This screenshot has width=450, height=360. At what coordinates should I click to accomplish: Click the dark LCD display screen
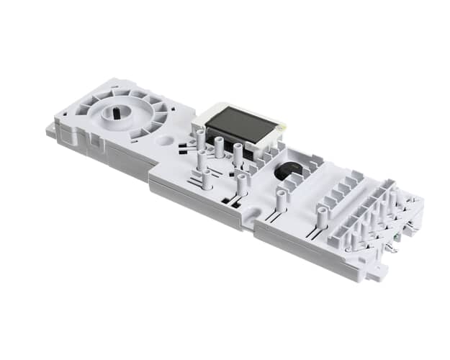pyautogui.click(x=241, y=128)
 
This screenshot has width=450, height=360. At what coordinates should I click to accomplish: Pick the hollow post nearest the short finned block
pyautogui.click(x=322, y=215)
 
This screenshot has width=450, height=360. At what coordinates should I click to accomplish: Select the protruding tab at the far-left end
pyautogui.click(x=51, y=131)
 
